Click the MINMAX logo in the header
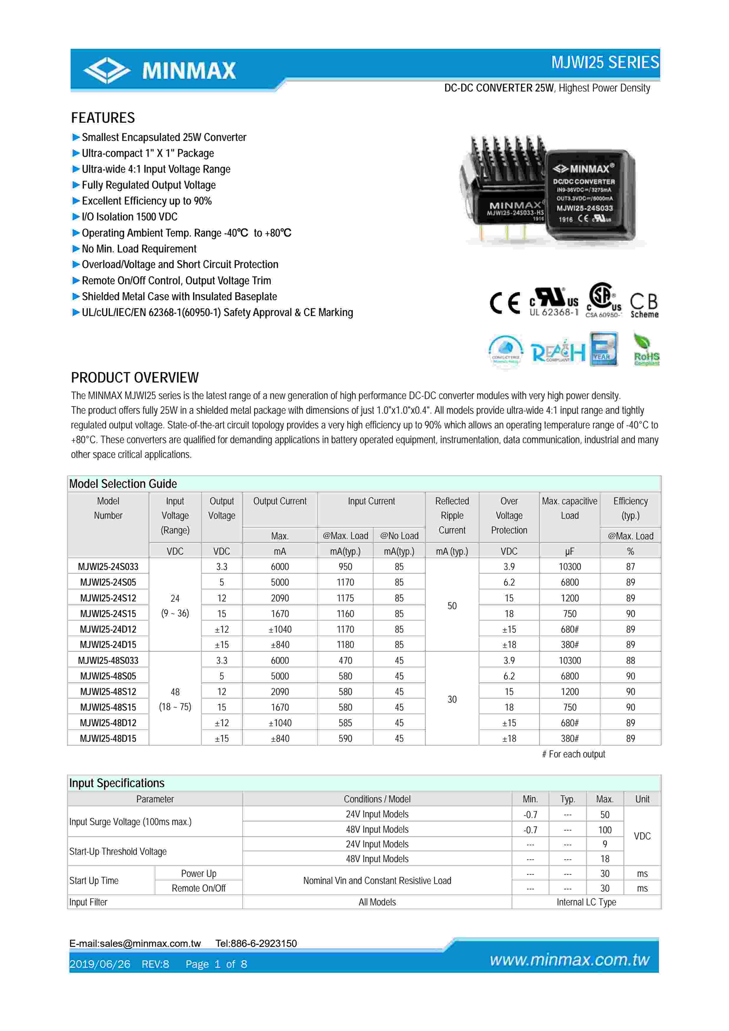coord(160,71)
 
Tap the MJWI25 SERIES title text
coord(605,62)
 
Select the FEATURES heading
coord(103,118)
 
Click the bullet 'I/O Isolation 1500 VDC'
coord(129,217)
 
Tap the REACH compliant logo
coord(558,352)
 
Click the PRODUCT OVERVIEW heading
coord(135,378)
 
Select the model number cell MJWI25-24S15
coord(108,613)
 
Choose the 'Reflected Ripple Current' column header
coord(452,515)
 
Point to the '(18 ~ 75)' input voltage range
coord(175,707)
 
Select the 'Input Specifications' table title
coord(117,783)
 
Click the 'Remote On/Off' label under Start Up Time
coord(198,888)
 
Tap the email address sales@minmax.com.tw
coord(135,943)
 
